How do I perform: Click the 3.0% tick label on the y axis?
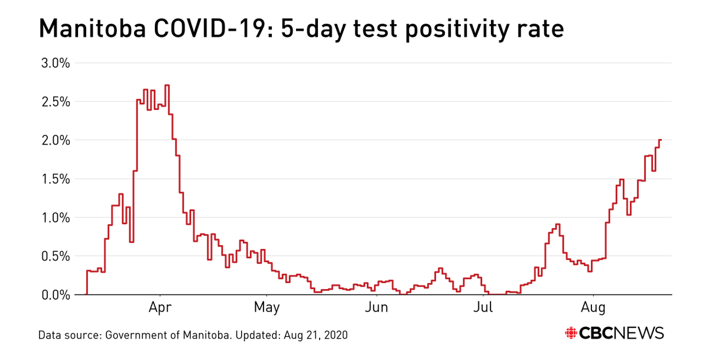click(54, 63)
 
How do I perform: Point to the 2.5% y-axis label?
click(54, 102)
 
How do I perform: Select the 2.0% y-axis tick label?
click(54, 141)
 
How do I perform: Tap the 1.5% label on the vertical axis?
click(54, 179)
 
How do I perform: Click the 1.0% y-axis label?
click(54, 218)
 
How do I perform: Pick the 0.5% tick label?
click(54, 256)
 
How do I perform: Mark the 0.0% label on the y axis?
click(54, 294)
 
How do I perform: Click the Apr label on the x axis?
click(160, 308)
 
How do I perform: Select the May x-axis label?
click(267, 308)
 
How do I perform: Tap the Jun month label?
click(376, 308)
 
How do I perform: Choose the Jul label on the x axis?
click(484, 308)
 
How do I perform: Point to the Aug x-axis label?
click(593, 308)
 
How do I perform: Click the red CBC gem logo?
click(571, 333)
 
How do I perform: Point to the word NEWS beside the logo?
click(642, 333)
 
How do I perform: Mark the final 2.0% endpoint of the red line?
click(660, 140)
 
